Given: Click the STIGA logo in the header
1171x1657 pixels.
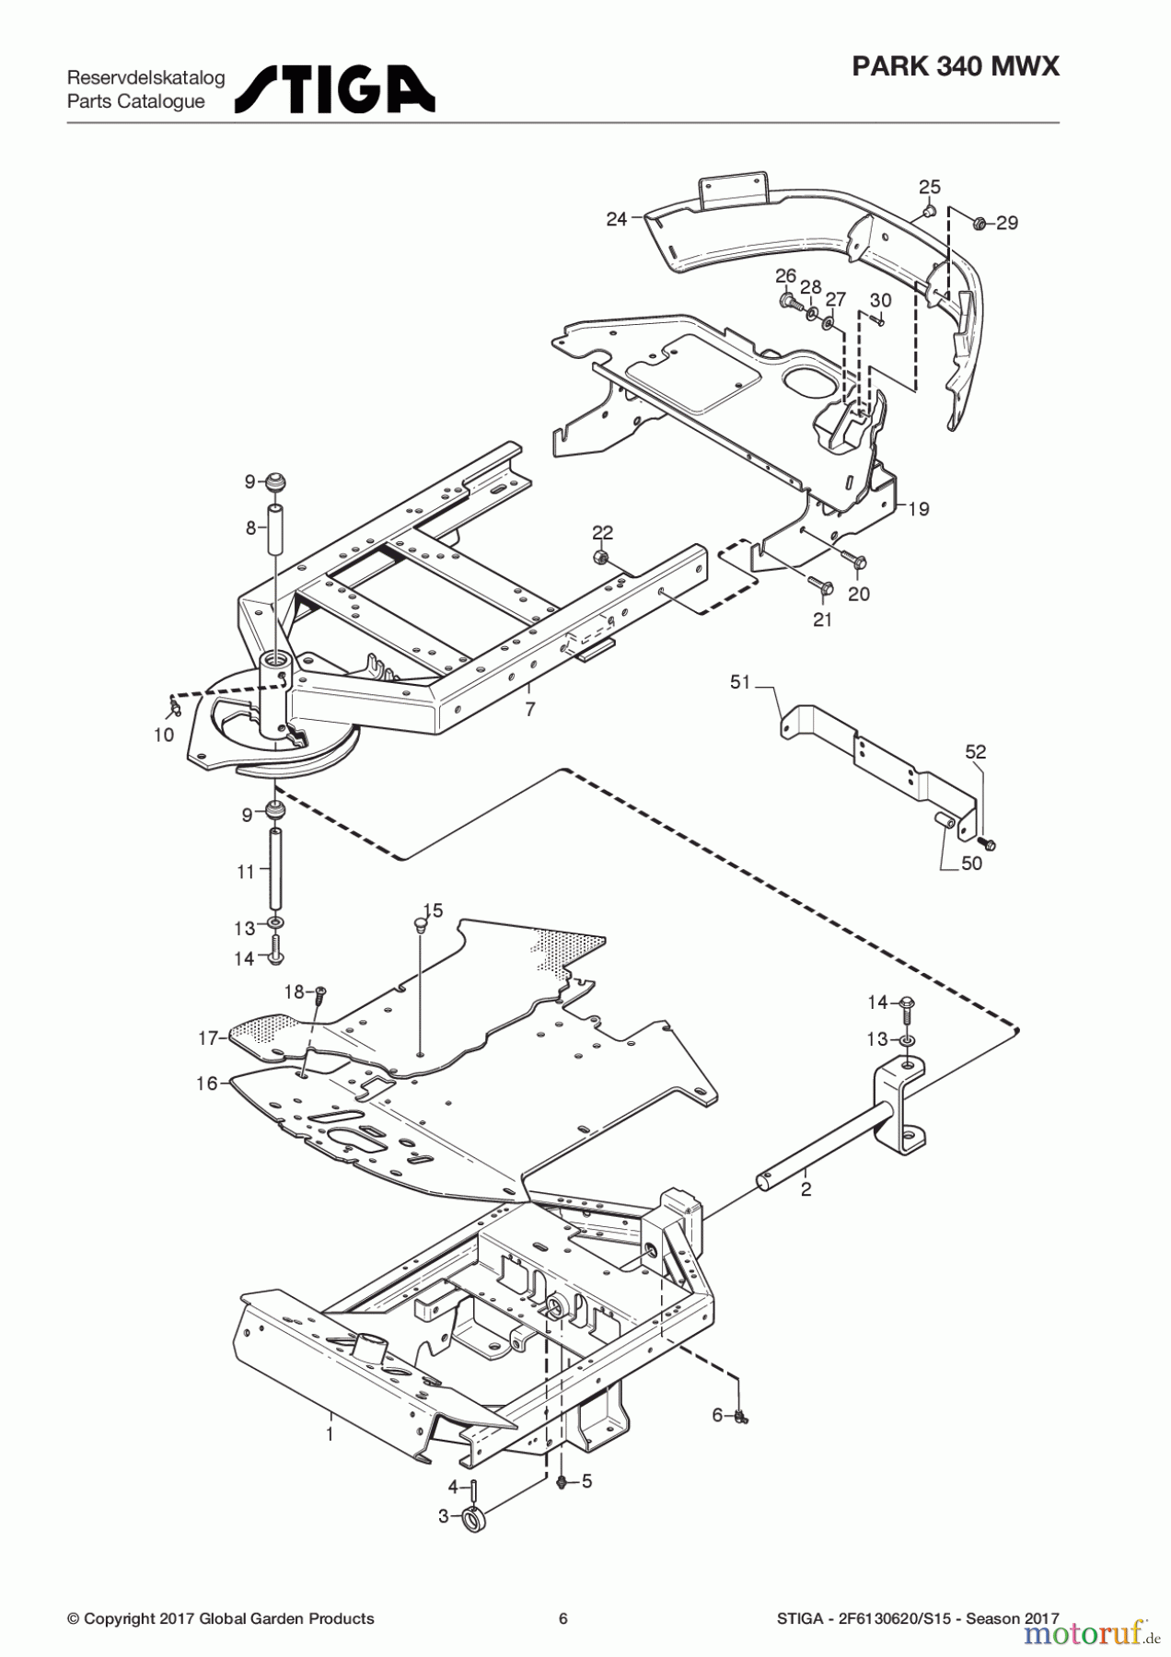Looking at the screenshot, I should point(334,89).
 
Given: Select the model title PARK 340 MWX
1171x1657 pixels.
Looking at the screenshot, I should point(956,66).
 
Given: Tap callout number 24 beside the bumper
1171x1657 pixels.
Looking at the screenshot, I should point(616,218).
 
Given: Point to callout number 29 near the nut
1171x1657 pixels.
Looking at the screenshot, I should point(1007,223).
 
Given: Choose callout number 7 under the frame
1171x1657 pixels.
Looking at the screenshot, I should point(529,710).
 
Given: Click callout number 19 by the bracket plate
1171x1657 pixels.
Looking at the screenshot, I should point(919,509).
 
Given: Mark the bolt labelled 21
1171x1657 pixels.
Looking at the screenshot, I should point(819,585).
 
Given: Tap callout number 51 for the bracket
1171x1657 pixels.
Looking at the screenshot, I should point(740,682).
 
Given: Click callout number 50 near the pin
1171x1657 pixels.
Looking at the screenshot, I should point(971,863).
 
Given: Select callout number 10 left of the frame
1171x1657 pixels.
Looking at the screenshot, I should point(163,735).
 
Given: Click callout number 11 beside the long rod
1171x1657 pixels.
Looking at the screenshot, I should point(245,871).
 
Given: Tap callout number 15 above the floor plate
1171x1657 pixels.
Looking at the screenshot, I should point(433,910).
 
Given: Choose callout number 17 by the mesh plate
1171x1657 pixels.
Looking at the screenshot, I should point(208,1038).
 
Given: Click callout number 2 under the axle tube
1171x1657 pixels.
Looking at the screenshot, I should point(806,1189).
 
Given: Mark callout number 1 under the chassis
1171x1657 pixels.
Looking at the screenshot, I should point(330,1433).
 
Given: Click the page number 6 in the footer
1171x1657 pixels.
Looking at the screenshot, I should point(563,1618).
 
